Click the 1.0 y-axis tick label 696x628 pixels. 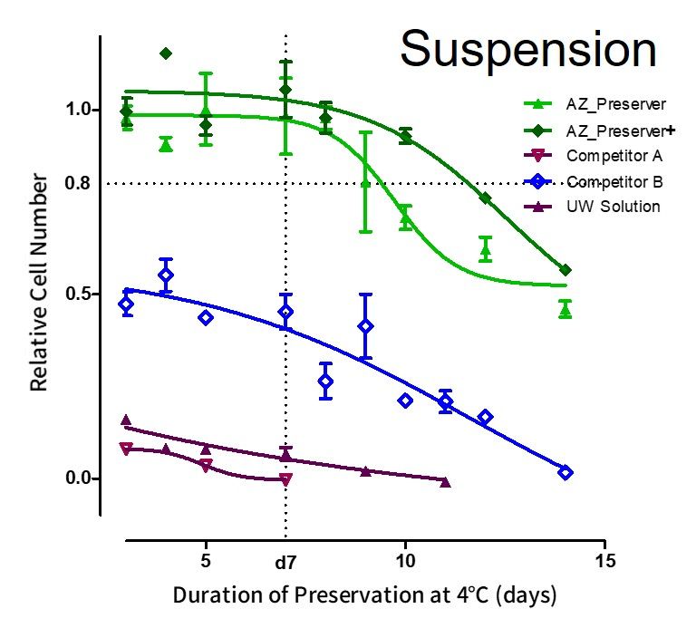78,110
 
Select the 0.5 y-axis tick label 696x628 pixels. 78,295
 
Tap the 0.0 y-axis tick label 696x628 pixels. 78,478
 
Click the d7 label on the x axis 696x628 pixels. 285,563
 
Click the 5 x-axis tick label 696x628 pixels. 206,560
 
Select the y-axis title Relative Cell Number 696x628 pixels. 39,285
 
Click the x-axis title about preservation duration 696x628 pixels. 363,595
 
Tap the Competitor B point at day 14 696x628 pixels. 565,472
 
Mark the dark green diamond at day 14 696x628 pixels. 565,270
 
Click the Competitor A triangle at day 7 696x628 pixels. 285,479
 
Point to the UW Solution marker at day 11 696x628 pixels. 445,482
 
